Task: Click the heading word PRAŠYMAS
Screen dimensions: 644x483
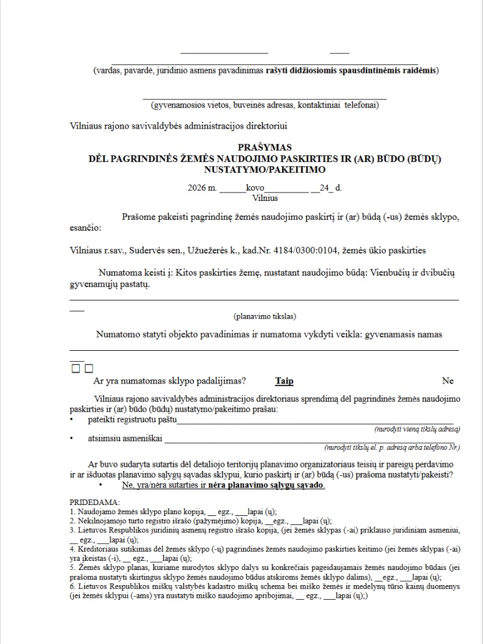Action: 265,147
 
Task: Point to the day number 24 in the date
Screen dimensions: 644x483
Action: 326,188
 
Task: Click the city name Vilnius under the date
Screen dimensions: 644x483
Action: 265,198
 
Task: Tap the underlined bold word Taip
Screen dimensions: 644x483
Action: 284,381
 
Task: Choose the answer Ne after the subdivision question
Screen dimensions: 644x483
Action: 448,381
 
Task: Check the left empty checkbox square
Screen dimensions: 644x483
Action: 76,368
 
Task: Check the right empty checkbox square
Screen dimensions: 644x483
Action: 89,368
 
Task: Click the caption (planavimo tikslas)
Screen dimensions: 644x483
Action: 265,316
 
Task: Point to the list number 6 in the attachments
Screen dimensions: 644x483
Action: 72,588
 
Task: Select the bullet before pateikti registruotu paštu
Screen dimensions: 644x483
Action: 72,420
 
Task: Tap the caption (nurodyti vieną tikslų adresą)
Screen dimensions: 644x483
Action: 417,429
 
